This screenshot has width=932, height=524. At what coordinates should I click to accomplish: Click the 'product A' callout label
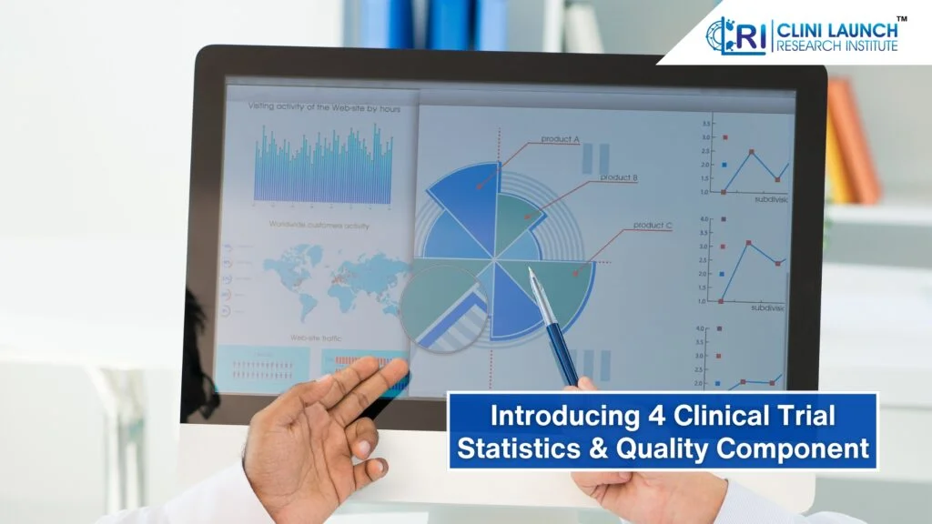click(x=561, y=139)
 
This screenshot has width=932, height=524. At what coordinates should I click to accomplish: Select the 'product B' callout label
click(x=619, y=177)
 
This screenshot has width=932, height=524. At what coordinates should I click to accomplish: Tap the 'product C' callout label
click(x=653, y=226)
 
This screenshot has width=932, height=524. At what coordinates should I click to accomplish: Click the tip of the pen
click(x=532, y=271)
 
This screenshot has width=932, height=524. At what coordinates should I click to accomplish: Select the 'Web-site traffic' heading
click(x=317, y=338)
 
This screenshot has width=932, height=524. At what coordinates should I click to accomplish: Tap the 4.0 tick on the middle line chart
click(x=704, y=219)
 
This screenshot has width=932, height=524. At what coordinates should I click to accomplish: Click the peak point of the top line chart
click(x=752, y=152)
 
